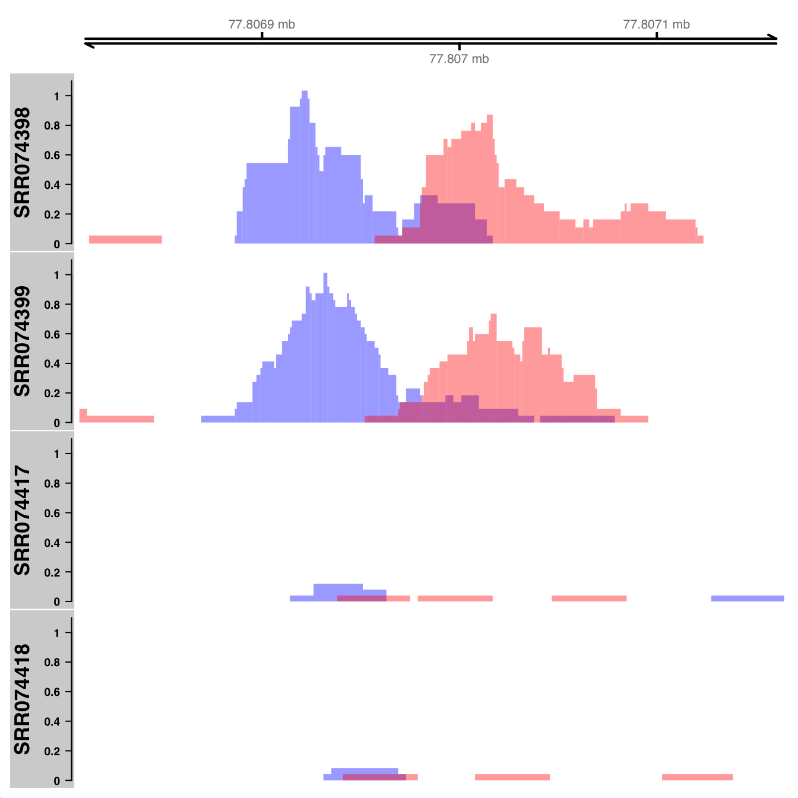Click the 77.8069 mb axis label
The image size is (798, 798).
[261, 24]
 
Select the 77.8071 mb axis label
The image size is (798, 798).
[656, 24]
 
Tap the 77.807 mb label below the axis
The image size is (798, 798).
[459, 59]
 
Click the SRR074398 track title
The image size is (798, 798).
[23, 162]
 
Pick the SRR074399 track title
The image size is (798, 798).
[23, 341]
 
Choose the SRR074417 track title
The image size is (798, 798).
[23, 520]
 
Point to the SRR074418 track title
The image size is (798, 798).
[23, 699]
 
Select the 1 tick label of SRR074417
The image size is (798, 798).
[56, 454]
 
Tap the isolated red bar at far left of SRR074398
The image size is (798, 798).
[125, 239]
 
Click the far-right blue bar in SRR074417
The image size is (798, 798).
[748, 598]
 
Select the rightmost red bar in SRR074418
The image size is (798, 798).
[697, 777]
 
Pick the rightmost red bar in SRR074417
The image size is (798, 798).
[589, 598]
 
